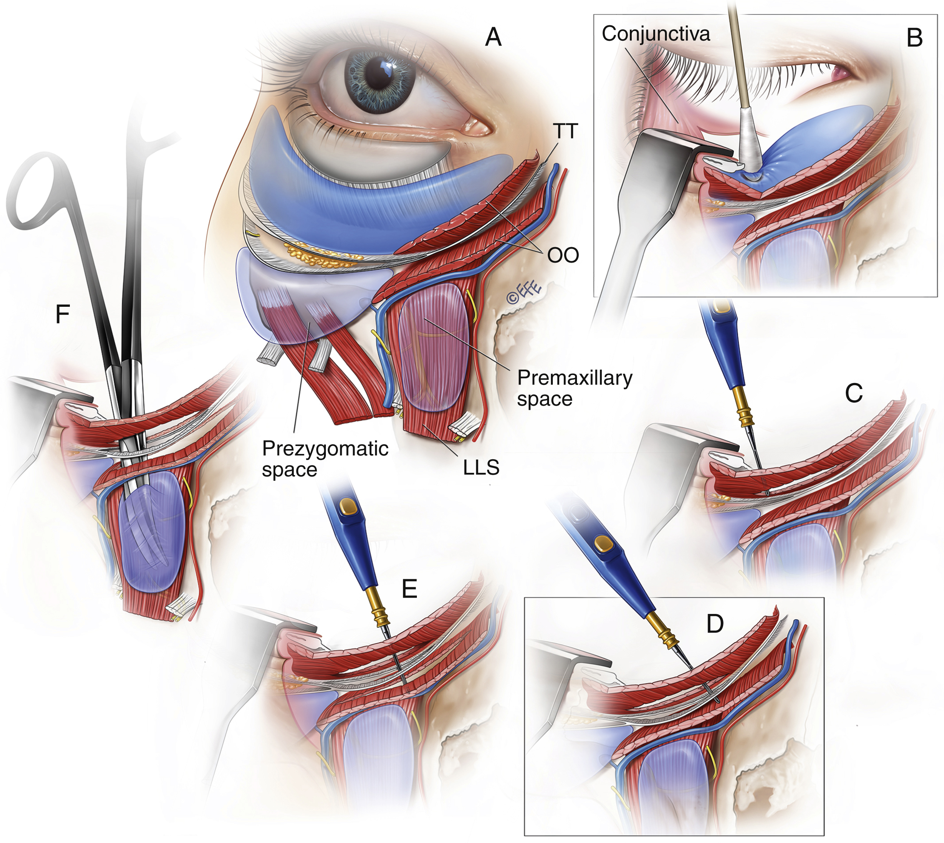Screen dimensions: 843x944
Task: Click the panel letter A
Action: [x=493, y=37]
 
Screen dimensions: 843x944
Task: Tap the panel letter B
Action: [x=914, y=38]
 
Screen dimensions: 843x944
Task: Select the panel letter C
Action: [x=854, y=394]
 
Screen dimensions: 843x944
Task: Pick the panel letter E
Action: [x=409, y=589]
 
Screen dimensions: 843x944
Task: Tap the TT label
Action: [x=565, y=132]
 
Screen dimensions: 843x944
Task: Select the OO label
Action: [x=563, y=255]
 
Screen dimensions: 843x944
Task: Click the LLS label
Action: [x=481, y=468]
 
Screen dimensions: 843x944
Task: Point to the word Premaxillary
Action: [x=575, y=378]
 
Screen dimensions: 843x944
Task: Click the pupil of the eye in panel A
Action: [x=380, y=74]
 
